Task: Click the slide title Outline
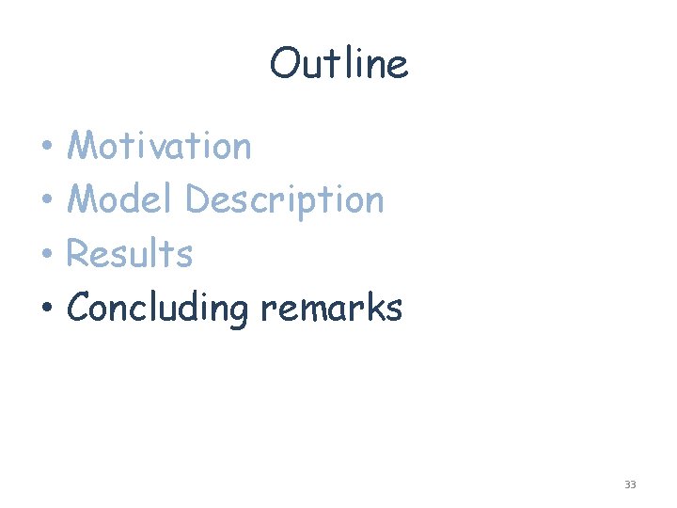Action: tap(338, 64)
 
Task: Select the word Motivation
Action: tap(160, 146)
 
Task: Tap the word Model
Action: tap(120, 199)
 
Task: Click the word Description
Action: tap(285, 200)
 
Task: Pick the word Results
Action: tap(130, 253)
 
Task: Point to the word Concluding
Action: tap(158, 308)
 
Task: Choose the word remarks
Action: tap(331, 308)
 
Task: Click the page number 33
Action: tap(630, 484)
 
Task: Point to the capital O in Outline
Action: tap(284, 64)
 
